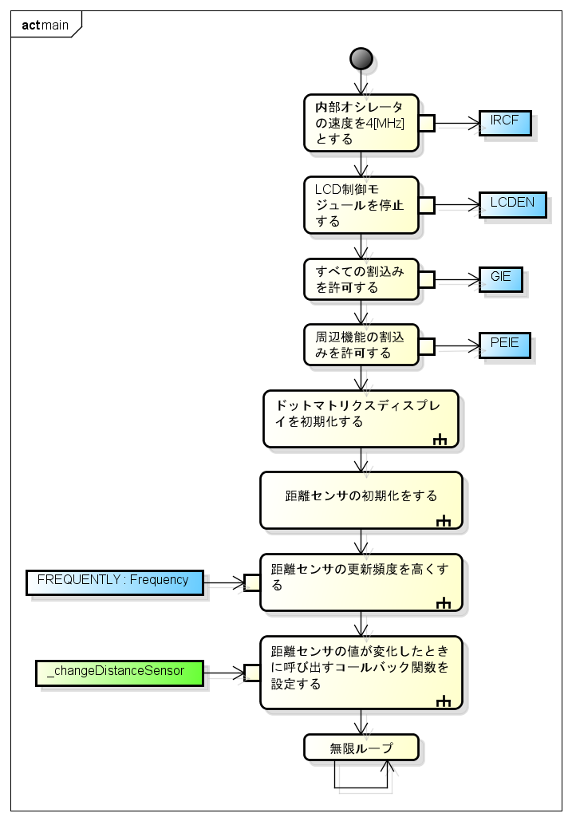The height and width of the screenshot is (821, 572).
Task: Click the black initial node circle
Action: [x=361, y=59]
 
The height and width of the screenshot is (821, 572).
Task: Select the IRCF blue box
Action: [x=505, y=123]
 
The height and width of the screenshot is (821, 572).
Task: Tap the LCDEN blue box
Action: [x=513, y=204]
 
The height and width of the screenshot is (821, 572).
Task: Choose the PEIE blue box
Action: [x=504, y=344]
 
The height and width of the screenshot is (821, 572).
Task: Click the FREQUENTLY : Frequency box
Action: [x=114, y=582]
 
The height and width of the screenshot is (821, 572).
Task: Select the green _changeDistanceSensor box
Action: [x=120, y=672]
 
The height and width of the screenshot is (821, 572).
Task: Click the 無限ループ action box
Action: [x=361, y=748]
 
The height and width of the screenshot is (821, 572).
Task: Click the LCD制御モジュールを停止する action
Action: [x=361, y=205]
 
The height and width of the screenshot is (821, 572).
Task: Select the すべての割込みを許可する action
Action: [x=361, y=278]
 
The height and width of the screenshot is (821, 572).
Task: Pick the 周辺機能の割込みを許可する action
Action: [x=361, y=345]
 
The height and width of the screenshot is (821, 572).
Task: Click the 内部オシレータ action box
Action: [x=361, y=123]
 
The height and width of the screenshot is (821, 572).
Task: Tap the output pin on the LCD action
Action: [x=427, y=205]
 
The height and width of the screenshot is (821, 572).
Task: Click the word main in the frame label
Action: [x=55, y=25]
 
